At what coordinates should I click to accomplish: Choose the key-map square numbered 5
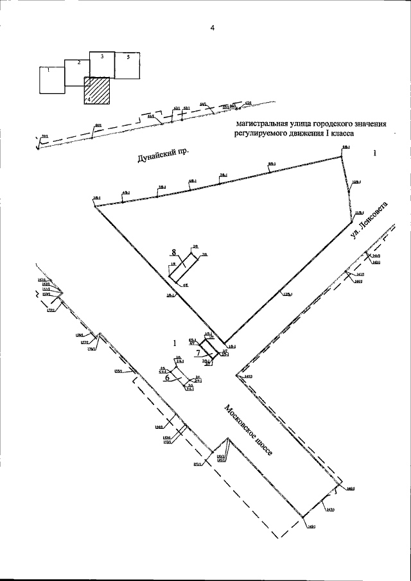pos(127,65)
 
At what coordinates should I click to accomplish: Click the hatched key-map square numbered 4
pos(98,91)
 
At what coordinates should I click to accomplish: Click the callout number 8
pos(173,251)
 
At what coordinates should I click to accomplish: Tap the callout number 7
pos(198,353)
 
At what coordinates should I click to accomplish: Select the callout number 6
pos(168,378)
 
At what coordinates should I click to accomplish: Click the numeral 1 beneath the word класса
pos(375,154)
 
